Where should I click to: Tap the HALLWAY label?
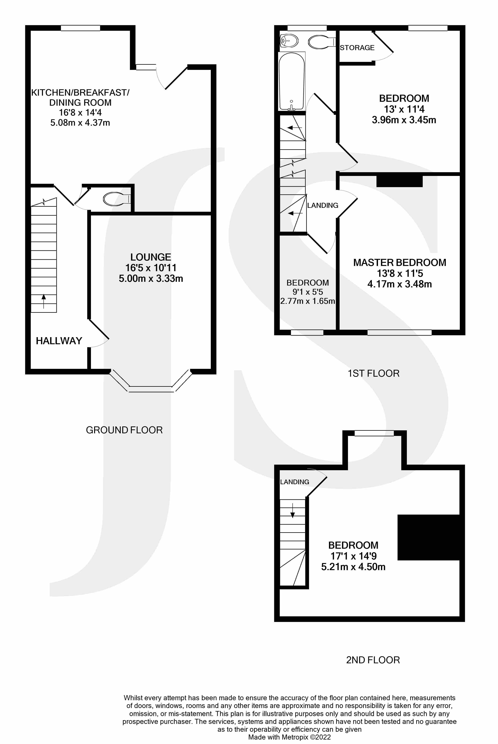pyautogui.click(x=59, y=341)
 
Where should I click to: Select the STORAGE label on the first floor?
pyautogui.click(x=357, y=48)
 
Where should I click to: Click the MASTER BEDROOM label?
pyautogui.click(x=400, y=263)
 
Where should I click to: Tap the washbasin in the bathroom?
pyautogui.click(x=289, y=41)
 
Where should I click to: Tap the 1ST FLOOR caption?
pyautogui.click(x=373, y=373)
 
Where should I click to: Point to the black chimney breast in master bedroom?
pyautogui.click(x=400, y=181)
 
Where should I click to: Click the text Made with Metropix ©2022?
pyautogui.click(x=289, y=737)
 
